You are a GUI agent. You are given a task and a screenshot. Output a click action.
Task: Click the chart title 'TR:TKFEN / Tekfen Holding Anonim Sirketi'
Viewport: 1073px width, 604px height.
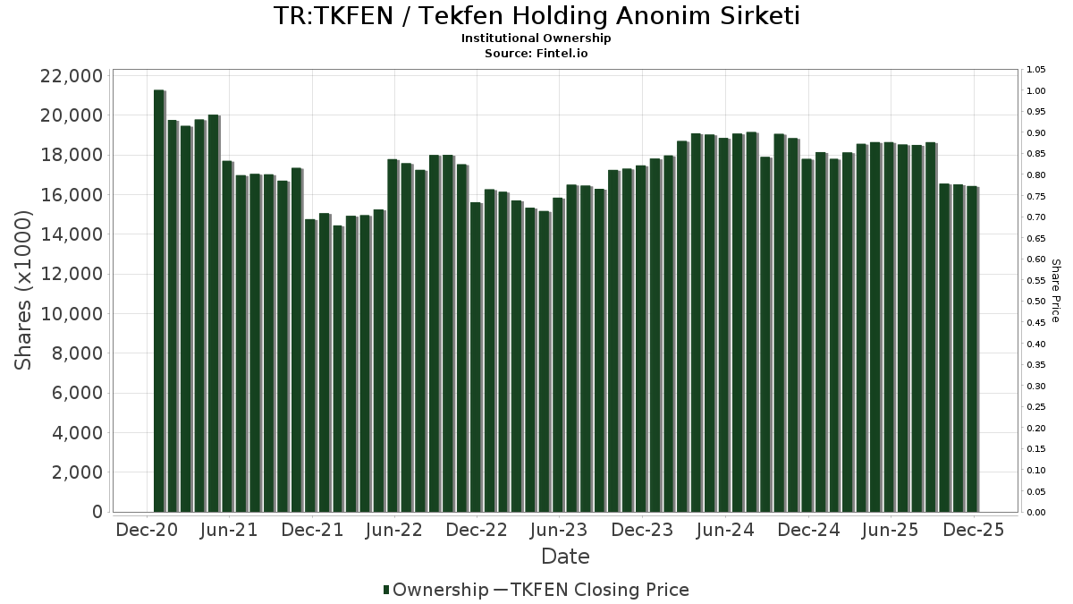[536, 16]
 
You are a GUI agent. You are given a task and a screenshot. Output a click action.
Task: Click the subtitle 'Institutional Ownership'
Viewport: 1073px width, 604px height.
[536, 38]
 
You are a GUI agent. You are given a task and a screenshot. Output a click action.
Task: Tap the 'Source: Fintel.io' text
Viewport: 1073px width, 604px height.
[536, 53]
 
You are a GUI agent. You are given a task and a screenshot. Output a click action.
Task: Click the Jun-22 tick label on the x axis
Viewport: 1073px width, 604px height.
[394, 530]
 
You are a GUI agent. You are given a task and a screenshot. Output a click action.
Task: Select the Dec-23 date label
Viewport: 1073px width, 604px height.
[642, 530]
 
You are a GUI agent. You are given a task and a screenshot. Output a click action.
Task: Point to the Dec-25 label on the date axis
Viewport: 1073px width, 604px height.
[973, 530]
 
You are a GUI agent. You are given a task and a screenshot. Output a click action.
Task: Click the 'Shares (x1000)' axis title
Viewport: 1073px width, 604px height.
[24, 290]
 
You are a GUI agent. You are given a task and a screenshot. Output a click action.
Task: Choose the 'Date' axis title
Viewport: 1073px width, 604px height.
[565, 557]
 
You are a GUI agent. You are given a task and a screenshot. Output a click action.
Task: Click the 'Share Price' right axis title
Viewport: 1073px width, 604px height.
[1055, 290]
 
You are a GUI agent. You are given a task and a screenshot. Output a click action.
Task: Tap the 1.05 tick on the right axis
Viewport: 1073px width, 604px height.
[1035, 70]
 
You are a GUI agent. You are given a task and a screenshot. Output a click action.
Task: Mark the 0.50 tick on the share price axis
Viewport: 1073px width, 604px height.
[1035, 302]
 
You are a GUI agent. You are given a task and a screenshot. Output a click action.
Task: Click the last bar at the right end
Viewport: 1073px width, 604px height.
[972, 349]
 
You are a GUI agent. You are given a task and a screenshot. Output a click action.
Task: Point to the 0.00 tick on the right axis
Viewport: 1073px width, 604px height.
[1035, 513]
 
